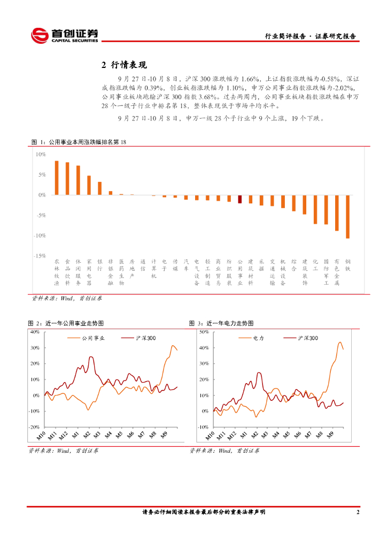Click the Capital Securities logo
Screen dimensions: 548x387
point(65,35)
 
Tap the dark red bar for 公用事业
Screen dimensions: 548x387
point(240,199)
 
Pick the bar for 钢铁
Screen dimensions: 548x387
point(347,216)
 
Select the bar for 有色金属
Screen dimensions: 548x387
point(337,212)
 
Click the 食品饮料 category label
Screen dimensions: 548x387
point(67,272)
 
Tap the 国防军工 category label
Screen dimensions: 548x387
point(326,272)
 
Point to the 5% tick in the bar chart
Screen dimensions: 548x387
point(41,174)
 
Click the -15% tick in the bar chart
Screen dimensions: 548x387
point(40,256)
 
